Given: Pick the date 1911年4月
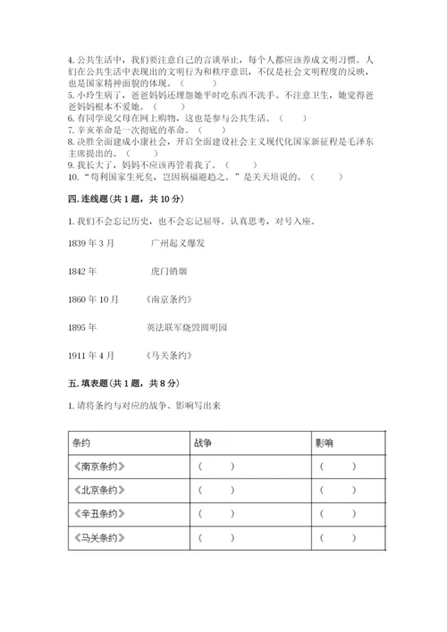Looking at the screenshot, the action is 90,356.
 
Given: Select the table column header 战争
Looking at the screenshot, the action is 202,442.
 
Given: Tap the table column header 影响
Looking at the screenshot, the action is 325,442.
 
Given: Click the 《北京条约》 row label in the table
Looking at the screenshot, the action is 98,490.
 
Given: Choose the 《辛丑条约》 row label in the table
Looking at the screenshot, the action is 98,514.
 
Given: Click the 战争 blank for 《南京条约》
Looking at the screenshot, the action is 216,467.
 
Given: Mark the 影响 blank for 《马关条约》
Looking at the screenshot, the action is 338,538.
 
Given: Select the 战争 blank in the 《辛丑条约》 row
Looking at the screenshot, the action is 216,514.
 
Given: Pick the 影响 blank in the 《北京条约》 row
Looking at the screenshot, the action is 338,490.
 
